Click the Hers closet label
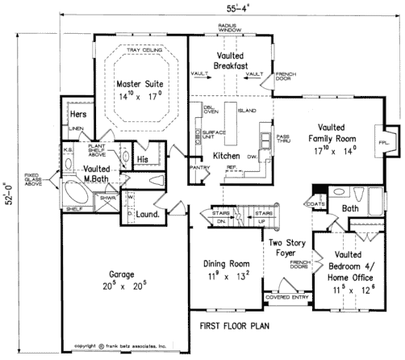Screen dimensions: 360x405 pos(78,115)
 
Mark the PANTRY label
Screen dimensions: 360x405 pos(198,167)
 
